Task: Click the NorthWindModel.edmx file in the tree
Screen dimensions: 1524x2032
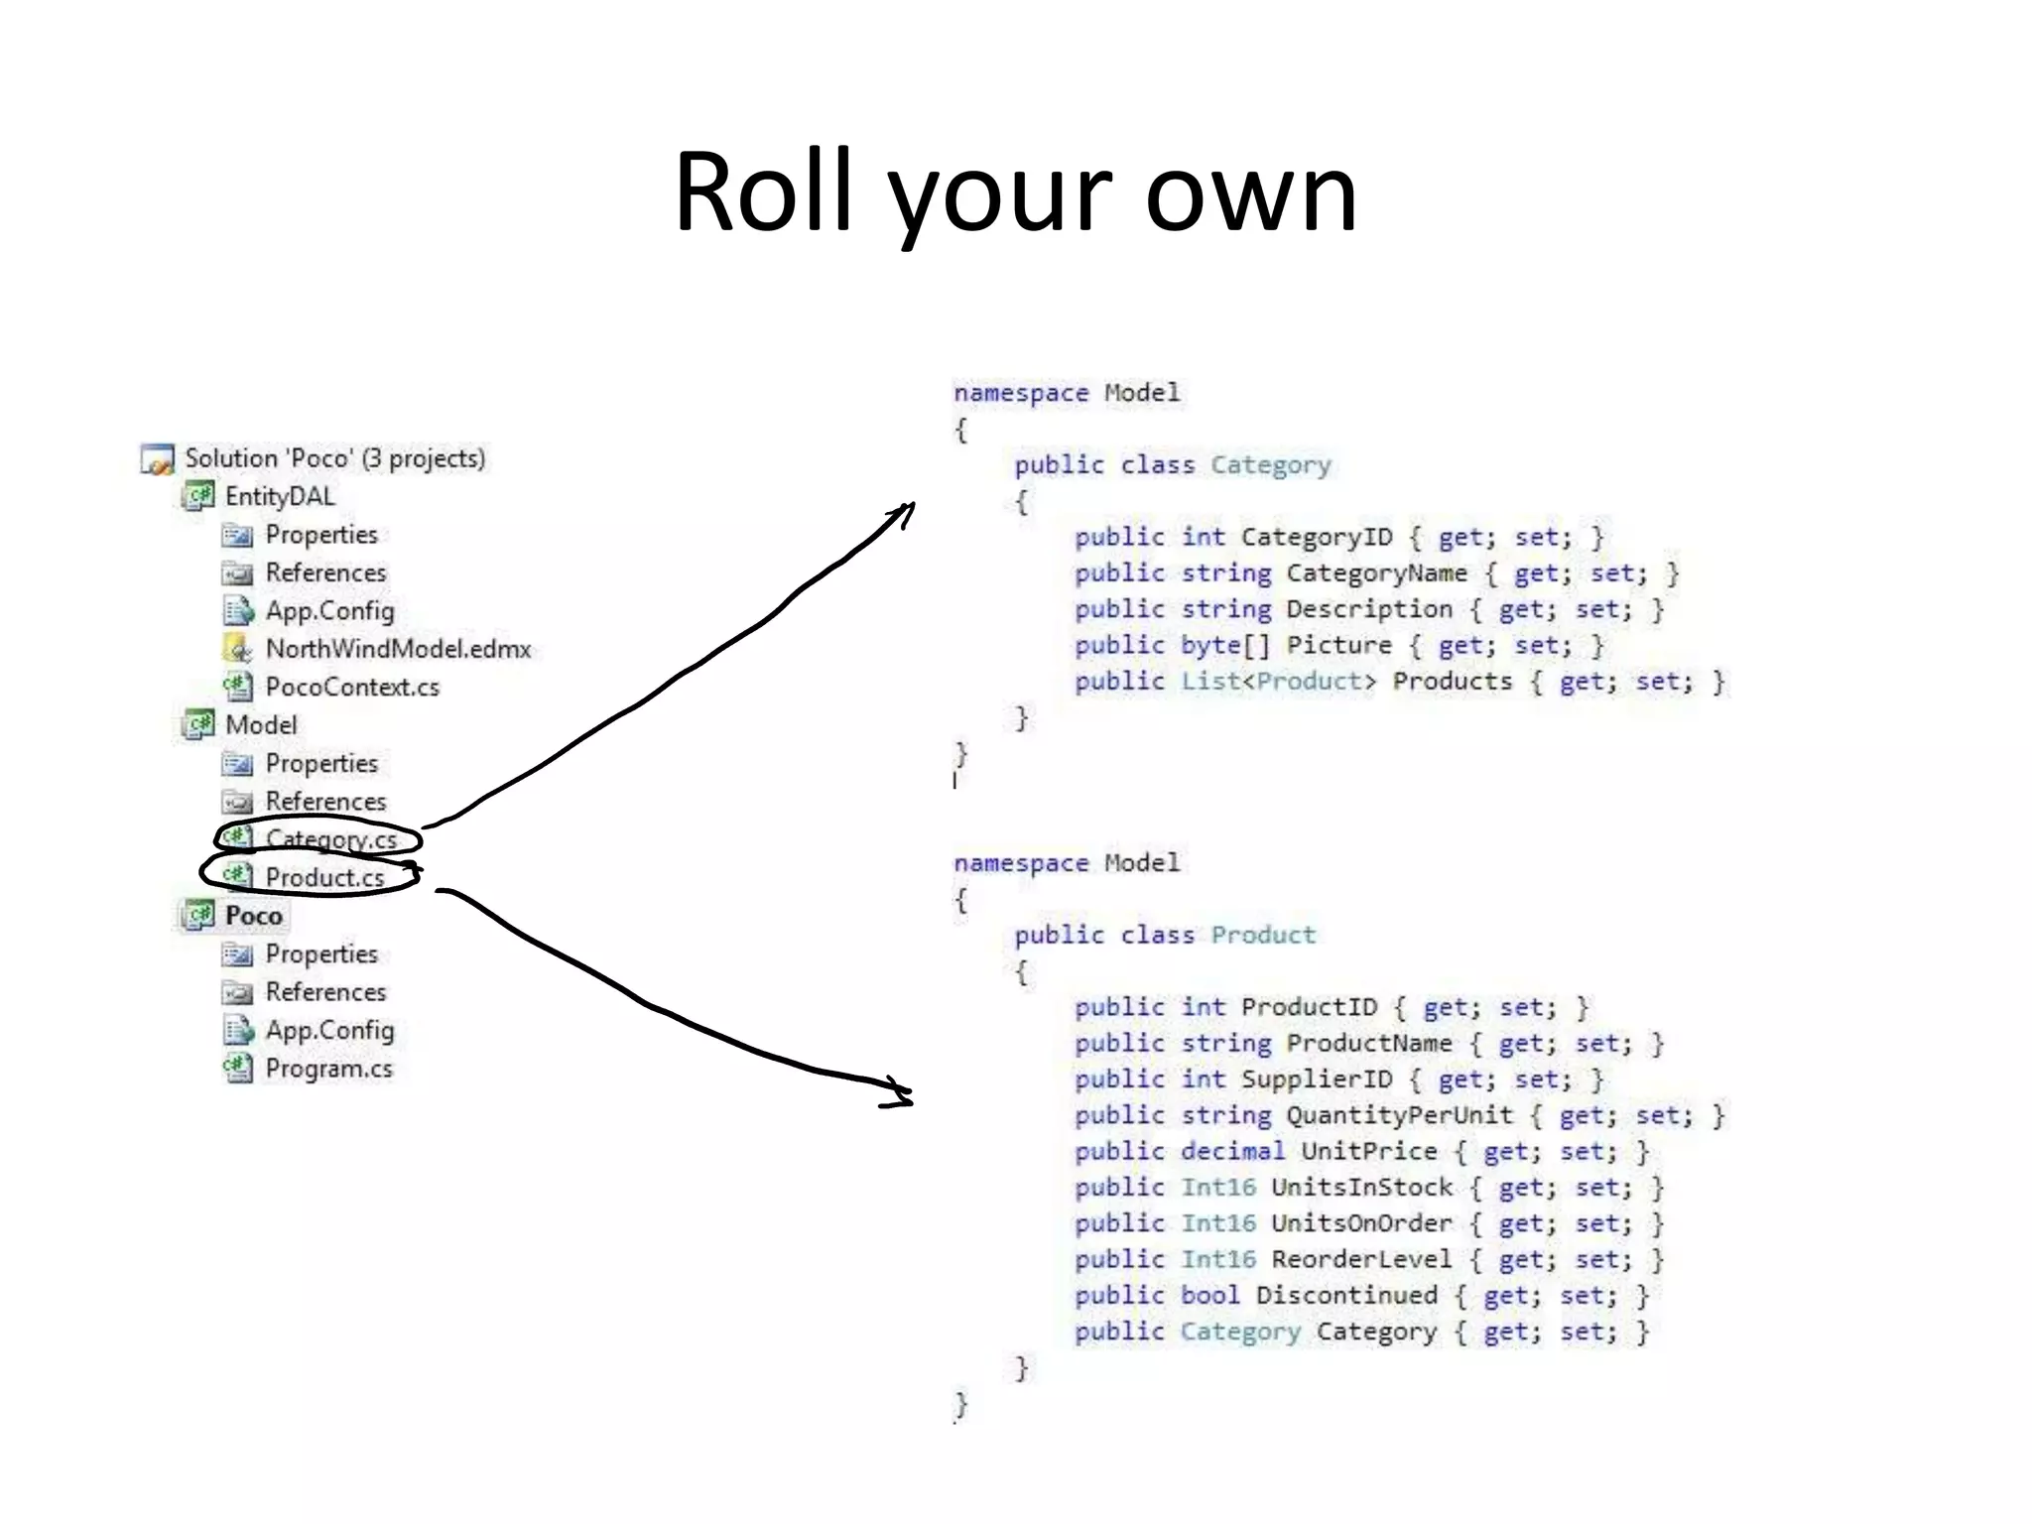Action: pyautogui.click(x=397, y=649)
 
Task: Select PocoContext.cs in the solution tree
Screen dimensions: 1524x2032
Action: pyautogui.click(x=351, y=687)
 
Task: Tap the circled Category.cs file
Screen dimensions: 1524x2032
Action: pyautogui.click(x=330, y=839)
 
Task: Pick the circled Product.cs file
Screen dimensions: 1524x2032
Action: pyautogui.click(x=324, y=877)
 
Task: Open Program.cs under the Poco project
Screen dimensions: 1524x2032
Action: pyautogui.click(x=328, y=1069)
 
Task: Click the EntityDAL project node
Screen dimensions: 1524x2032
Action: pyautogui.click(x=279, y=496)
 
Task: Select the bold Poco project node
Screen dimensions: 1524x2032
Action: pyautogui.click(x=253, y=915)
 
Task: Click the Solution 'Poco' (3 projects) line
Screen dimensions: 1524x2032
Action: pyautogui.click(x=334, y=458)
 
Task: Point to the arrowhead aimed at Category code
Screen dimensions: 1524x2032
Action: pyautogui.click(x=905, y=510)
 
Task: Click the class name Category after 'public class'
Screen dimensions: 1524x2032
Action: pyautogui.click(x=1270, y=464)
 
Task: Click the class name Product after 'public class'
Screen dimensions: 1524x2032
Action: pyautogui.click(x=1262, y=935)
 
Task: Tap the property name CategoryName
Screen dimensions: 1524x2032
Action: pyautogui.click(x=1375, y=573)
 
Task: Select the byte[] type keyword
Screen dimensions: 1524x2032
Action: pyautogui.click(x=1224, y=645)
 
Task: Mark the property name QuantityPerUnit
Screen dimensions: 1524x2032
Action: pyautogui.click(x=1399, y=1115)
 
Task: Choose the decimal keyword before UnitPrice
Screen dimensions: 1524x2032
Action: pyautogui.click(x=1232, y=1151)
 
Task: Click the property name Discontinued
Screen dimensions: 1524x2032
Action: pyautogui.click(x=1345, y=1296)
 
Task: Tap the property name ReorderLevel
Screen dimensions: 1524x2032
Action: pyautogui.click(x=1360, y=1259)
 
